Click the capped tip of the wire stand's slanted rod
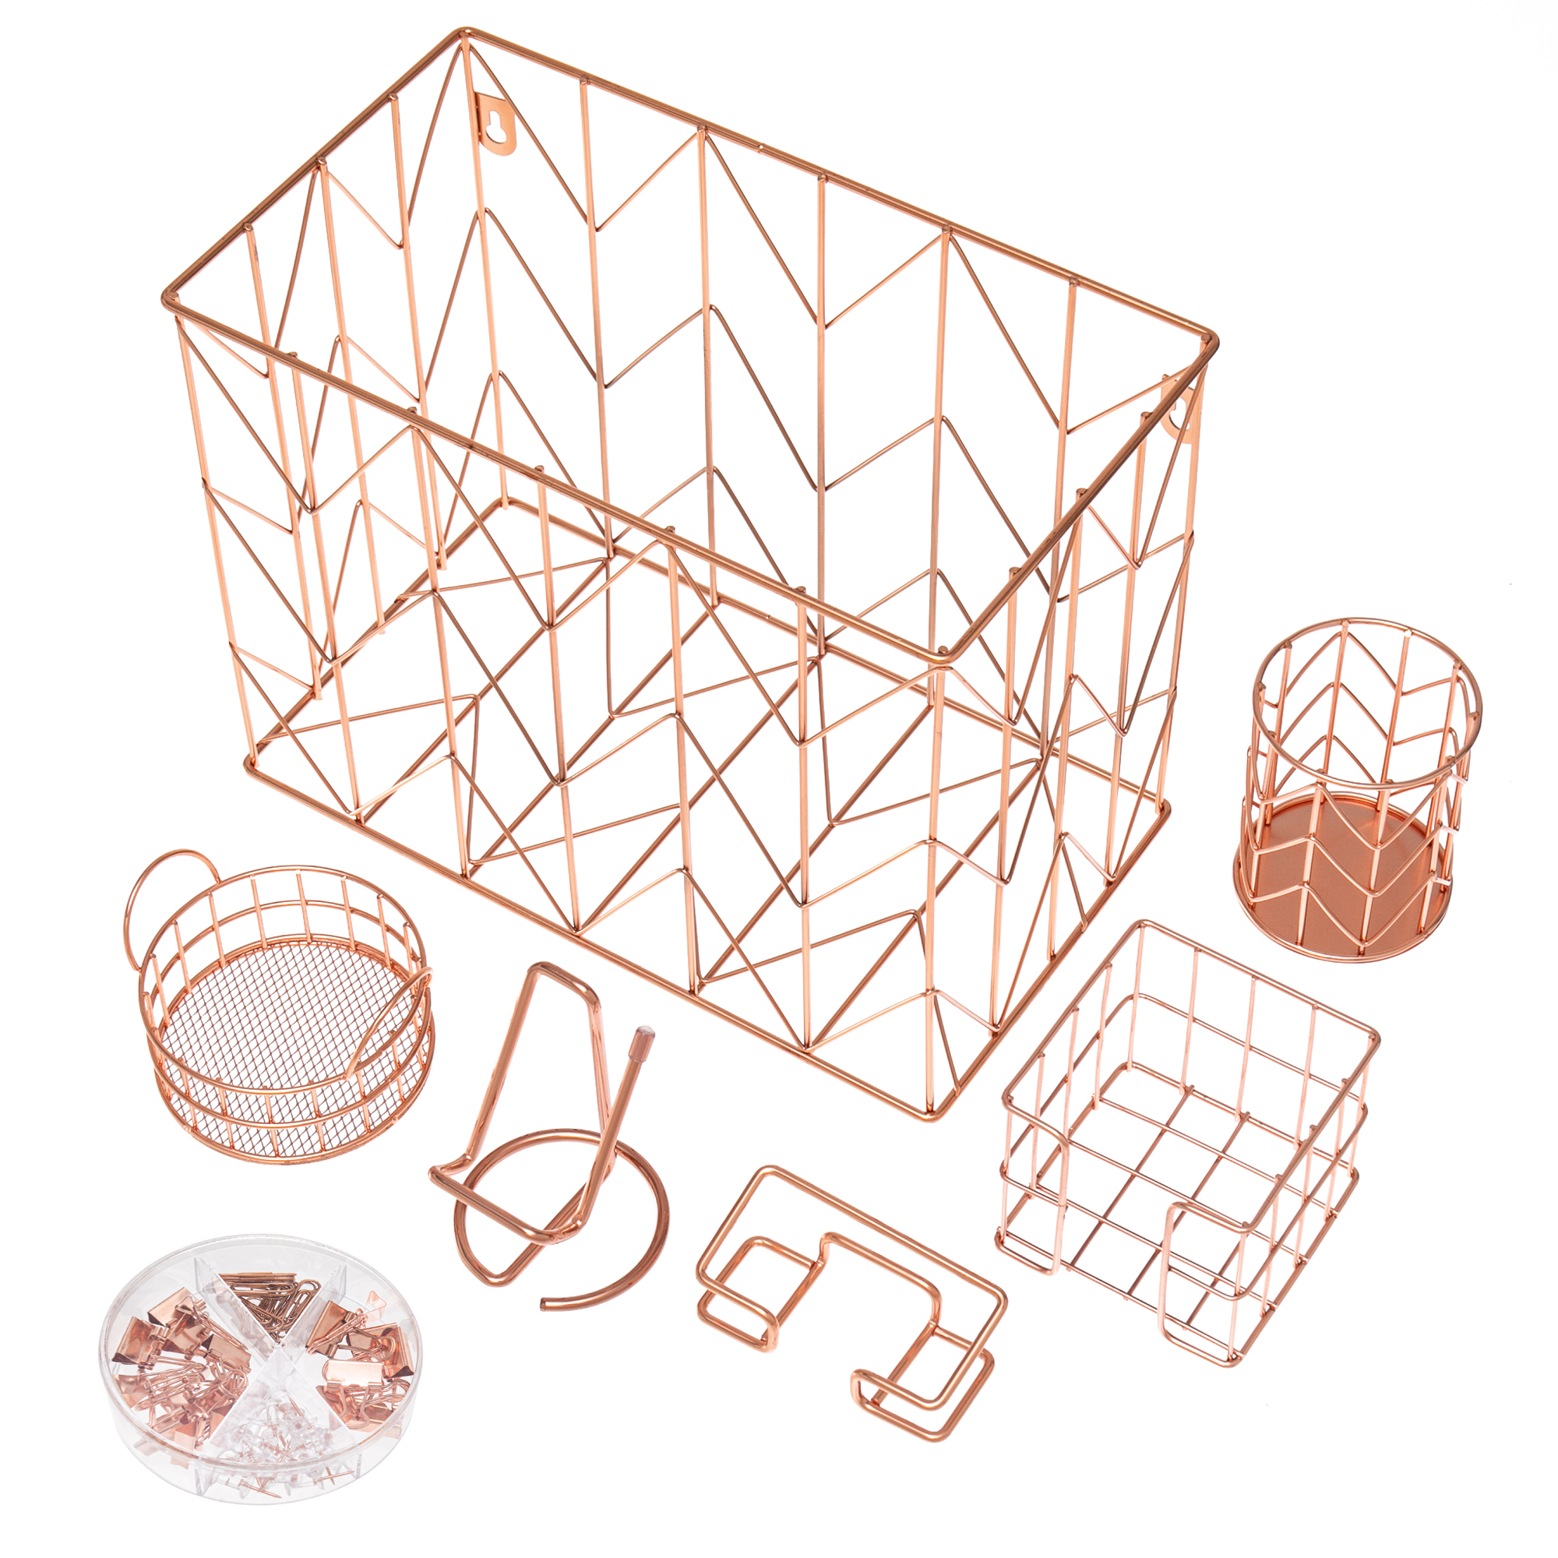coord(645,1032)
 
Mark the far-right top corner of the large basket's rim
coord(1210,339)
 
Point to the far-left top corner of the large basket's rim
coord(167,297)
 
